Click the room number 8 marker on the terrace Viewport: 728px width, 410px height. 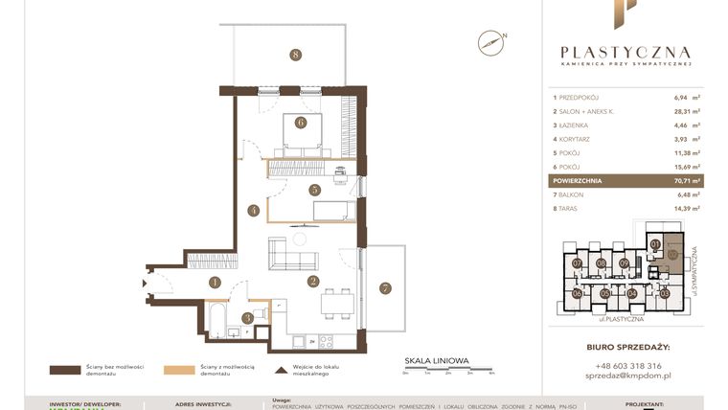[x=296, y=55]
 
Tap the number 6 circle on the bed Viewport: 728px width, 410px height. [x=301, y=123]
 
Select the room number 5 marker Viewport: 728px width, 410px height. [x=314, y=190]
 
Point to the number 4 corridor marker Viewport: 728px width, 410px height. [x=253, y=210]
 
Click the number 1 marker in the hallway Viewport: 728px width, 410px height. [x=216, y=282]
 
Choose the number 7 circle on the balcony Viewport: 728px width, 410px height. [x=385, y=287]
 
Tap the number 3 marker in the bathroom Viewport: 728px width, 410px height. [x=248, y=317]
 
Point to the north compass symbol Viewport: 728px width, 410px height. [x=491, y=40]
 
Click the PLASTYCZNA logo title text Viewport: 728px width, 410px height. [x=625, y=53]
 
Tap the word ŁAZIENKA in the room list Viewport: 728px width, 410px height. [x=579, y=125]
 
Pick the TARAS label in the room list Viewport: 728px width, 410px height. [x=572, y=208]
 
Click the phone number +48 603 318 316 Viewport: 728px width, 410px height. [x=626, y=366]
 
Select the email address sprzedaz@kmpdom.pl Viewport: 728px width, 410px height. [x=626, y=378]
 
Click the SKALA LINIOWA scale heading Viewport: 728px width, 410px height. [x=437, y=360]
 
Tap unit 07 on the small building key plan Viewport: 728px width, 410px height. [x=577, y=263]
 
